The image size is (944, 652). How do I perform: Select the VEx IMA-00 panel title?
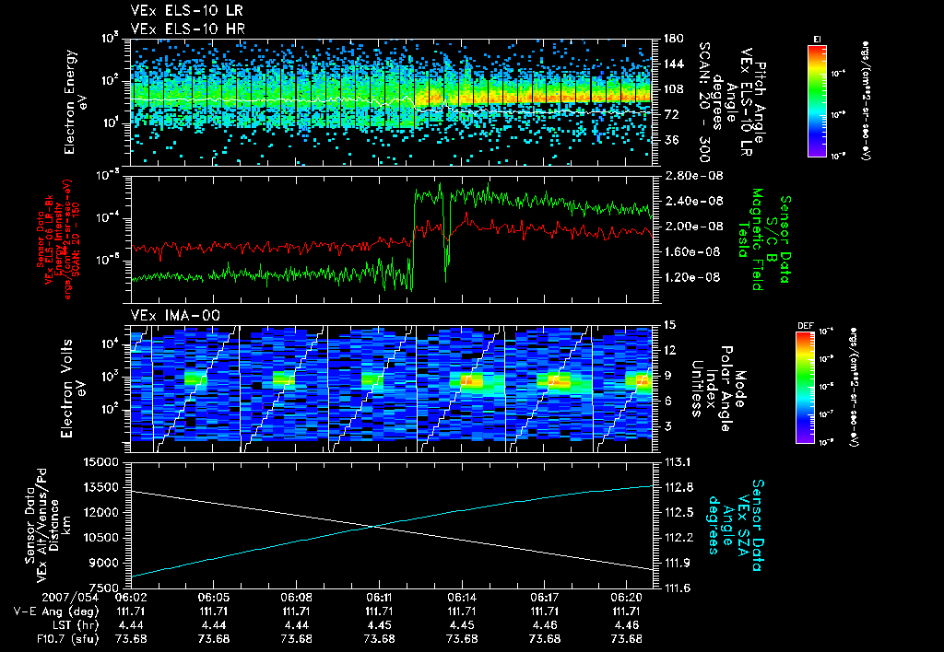168,315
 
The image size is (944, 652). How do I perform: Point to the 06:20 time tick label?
627,597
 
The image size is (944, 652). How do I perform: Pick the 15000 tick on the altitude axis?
103,461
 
